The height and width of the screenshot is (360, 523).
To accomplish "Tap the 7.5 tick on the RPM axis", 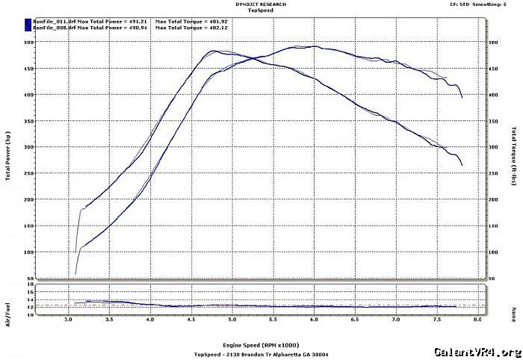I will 436,320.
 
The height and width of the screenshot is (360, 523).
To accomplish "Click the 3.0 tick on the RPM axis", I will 69,320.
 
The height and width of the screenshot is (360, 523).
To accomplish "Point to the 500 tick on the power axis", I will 30,42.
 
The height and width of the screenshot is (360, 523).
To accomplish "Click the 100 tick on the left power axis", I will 30,252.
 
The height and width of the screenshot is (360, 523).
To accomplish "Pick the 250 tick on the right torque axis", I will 493,173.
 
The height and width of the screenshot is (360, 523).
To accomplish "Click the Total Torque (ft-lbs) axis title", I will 516,159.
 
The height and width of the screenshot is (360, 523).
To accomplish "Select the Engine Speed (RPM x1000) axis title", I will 258,347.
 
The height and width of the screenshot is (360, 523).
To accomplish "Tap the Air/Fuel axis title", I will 8,302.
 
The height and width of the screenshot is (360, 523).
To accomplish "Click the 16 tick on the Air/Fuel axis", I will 31,285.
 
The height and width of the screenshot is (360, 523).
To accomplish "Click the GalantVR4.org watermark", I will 476,352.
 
